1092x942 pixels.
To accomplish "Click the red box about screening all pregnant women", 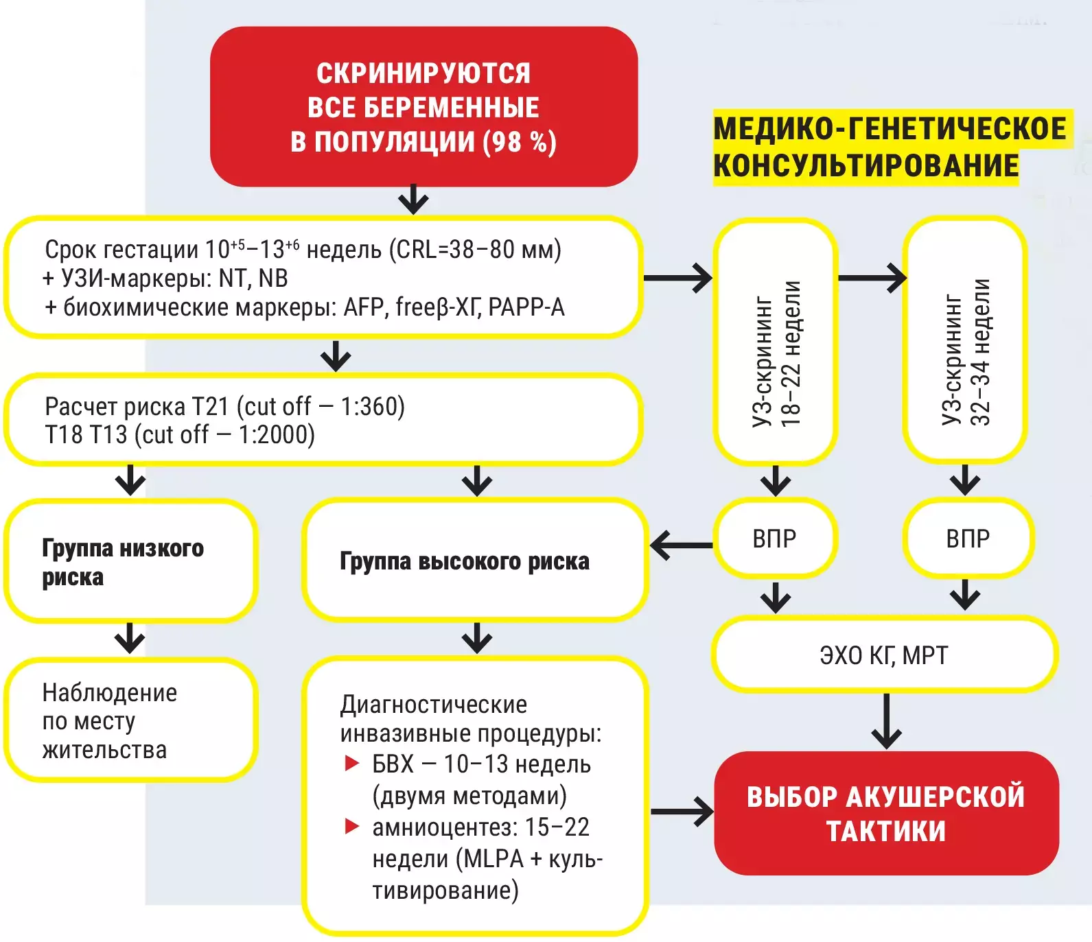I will pos(423,107).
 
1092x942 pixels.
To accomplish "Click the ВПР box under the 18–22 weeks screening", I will pos(775,539).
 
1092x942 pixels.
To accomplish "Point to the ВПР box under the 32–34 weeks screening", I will pos(968,539).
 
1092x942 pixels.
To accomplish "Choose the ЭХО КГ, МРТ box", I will pos(884,655).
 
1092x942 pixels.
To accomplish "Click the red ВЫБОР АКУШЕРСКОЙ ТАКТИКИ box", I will pos(886,814).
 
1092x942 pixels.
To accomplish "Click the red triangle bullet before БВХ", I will pos(352,763).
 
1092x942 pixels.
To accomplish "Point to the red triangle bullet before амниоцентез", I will pos(352,826).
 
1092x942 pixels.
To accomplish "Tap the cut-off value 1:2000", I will pos(274,435).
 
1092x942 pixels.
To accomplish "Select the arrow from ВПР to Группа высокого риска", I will pos(681,546).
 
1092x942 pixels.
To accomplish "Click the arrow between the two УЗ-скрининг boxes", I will pos(872,278).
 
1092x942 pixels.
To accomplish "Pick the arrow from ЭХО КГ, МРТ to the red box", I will pos(886,720).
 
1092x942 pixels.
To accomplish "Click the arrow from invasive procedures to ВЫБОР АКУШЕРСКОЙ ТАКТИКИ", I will pos(682,812).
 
